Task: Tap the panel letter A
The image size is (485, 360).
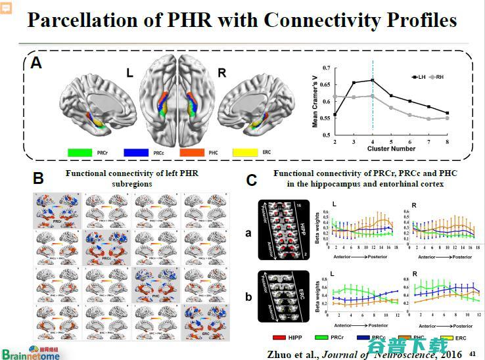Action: point(37,63)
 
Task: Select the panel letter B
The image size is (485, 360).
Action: point(39,177)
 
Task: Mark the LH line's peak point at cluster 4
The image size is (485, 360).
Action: point(372,80)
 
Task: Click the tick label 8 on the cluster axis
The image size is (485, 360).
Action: point(448,141)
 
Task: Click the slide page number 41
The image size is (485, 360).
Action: point(471,353)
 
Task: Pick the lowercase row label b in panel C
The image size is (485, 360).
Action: point(248,297)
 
